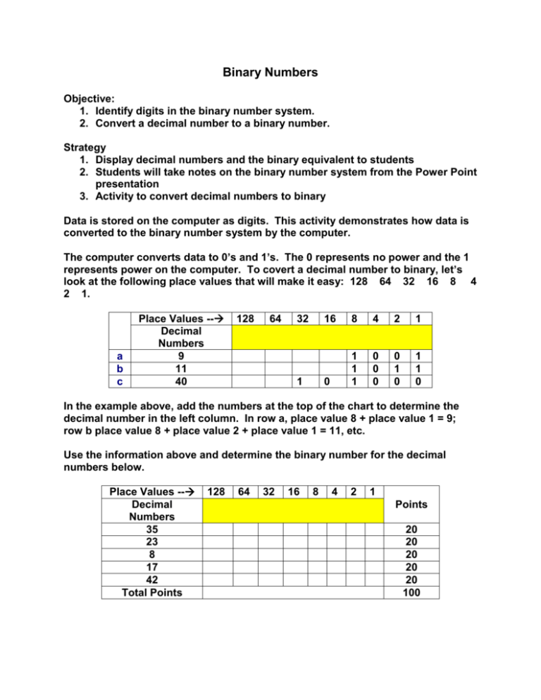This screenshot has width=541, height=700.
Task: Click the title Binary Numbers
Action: point(270,73)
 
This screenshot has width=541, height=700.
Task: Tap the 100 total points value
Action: point(410,592)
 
